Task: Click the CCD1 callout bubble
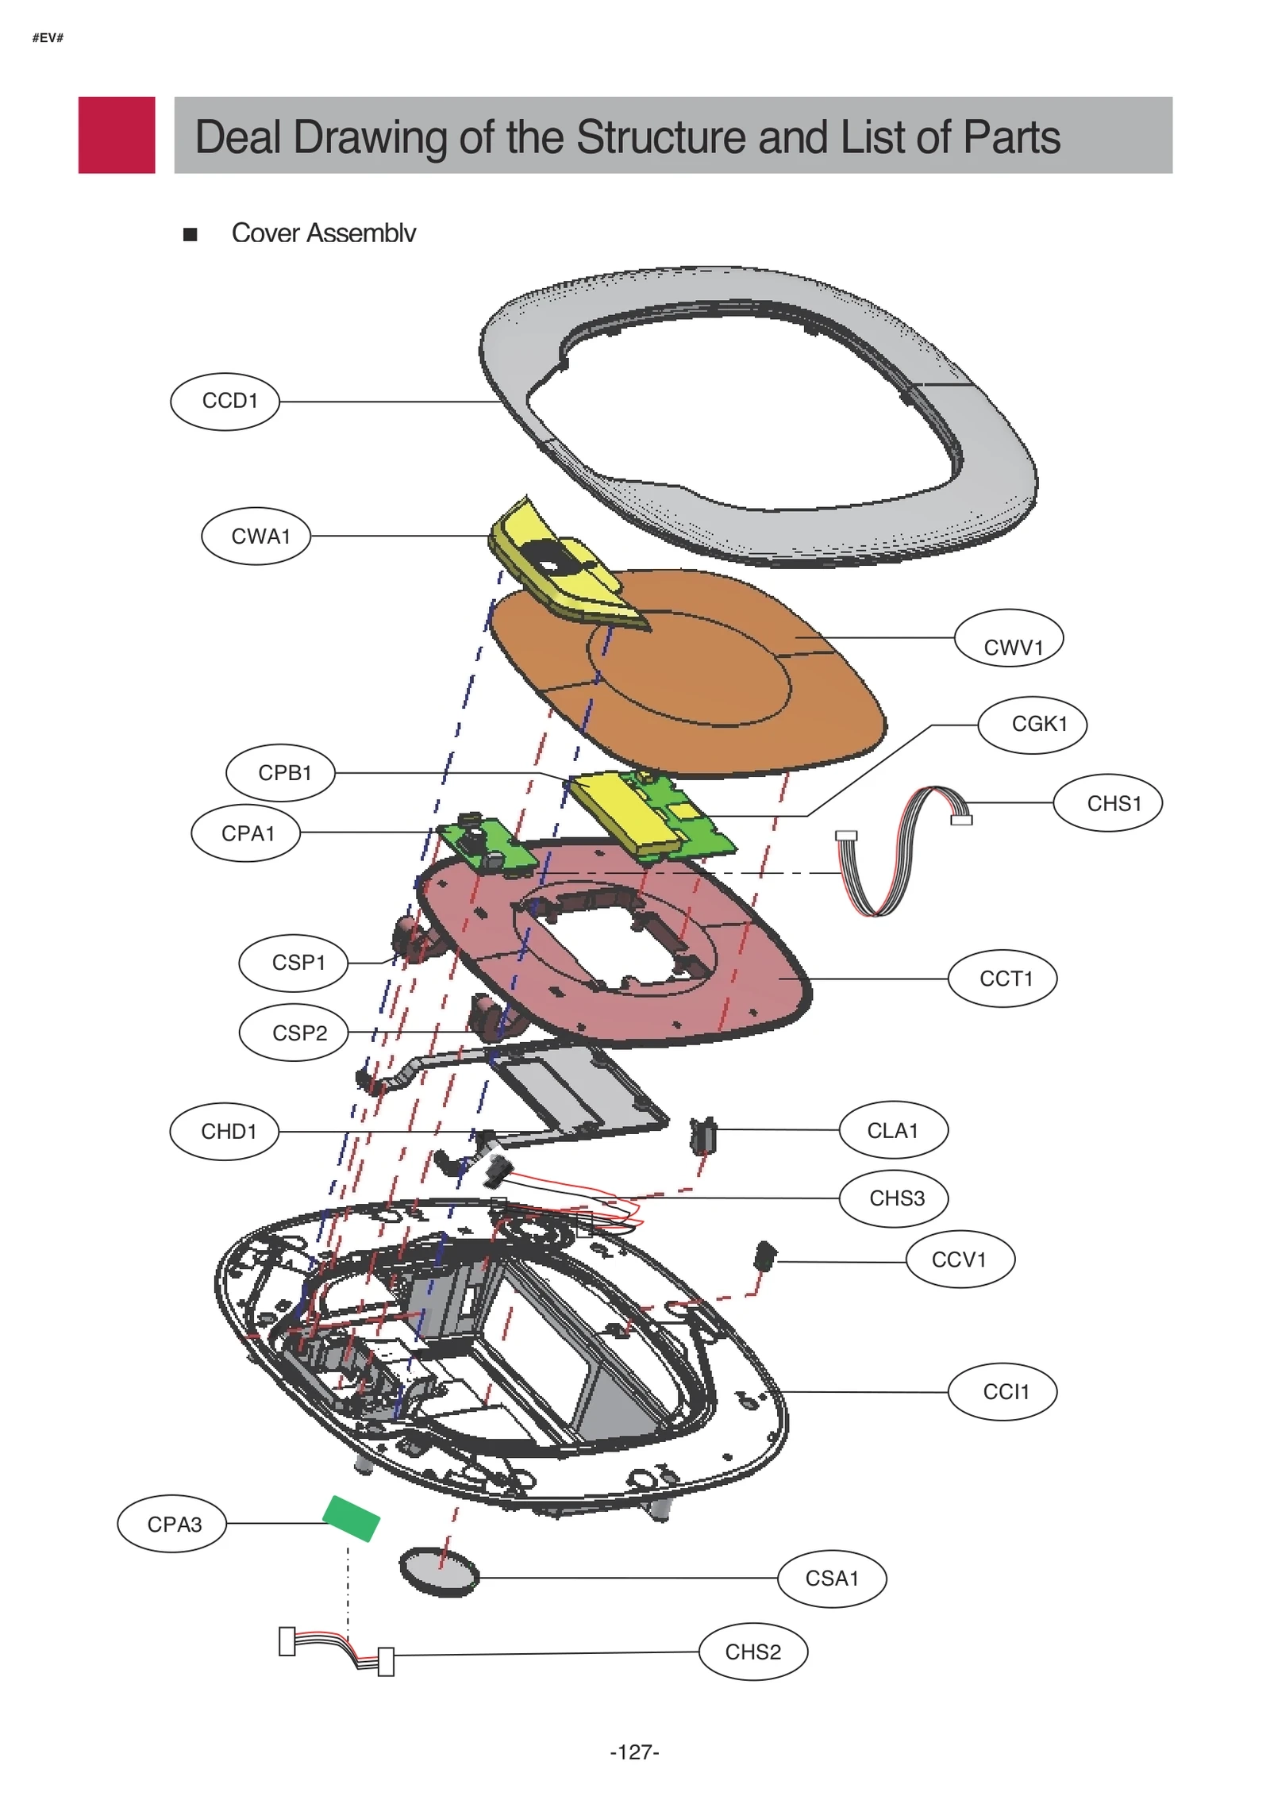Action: (225, 402)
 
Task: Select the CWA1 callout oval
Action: (256, 536)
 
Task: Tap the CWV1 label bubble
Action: (1008, 638)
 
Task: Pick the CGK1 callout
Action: (1032, 725)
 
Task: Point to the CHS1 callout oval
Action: (1107, 803)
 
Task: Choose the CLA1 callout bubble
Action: (893, 1130)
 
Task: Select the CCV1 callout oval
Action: (960, 1260)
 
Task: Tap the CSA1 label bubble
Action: (832, 1579)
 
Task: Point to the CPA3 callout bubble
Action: (171, 1525)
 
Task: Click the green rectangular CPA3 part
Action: (351, 1519)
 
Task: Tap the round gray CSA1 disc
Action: (439, 1571)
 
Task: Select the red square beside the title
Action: (117, 135)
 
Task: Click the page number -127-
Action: (634, 1752)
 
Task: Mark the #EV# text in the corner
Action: (48, 38)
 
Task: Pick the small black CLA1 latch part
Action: (702, 1136)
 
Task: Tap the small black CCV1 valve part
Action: (764, 1255)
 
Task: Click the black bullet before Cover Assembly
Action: (190, 234)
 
